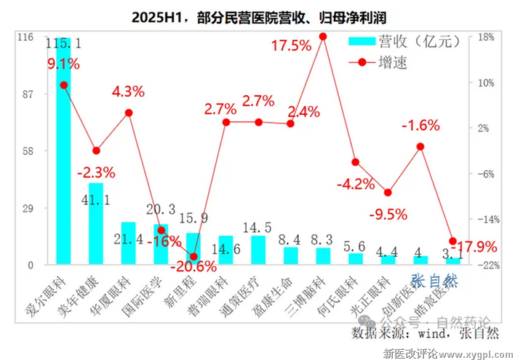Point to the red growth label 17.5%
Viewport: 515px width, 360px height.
[291, 46]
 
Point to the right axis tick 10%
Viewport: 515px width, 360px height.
[484, 82]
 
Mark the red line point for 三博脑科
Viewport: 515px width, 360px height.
[323, 36]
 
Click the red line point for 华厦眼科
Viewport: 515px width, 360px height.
[129, 113]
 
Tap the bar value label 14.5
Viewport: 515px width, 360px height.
[257, 226]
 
